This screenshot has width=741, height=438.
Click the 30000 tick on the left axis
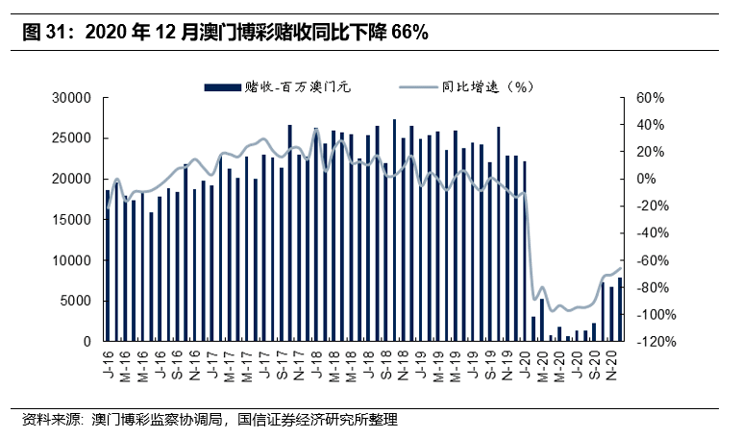73,98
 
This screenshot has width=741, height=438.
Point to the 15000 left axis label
73,220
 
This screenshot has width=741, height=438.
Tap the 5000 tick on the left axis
77,301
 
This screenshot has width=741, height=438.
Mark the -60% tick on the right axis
652,260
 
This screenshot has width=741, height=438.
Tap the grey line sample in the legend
417,87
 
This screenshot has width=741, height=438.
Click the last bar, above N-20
620,309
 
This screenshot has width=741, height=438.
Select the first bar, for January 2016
108,265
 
